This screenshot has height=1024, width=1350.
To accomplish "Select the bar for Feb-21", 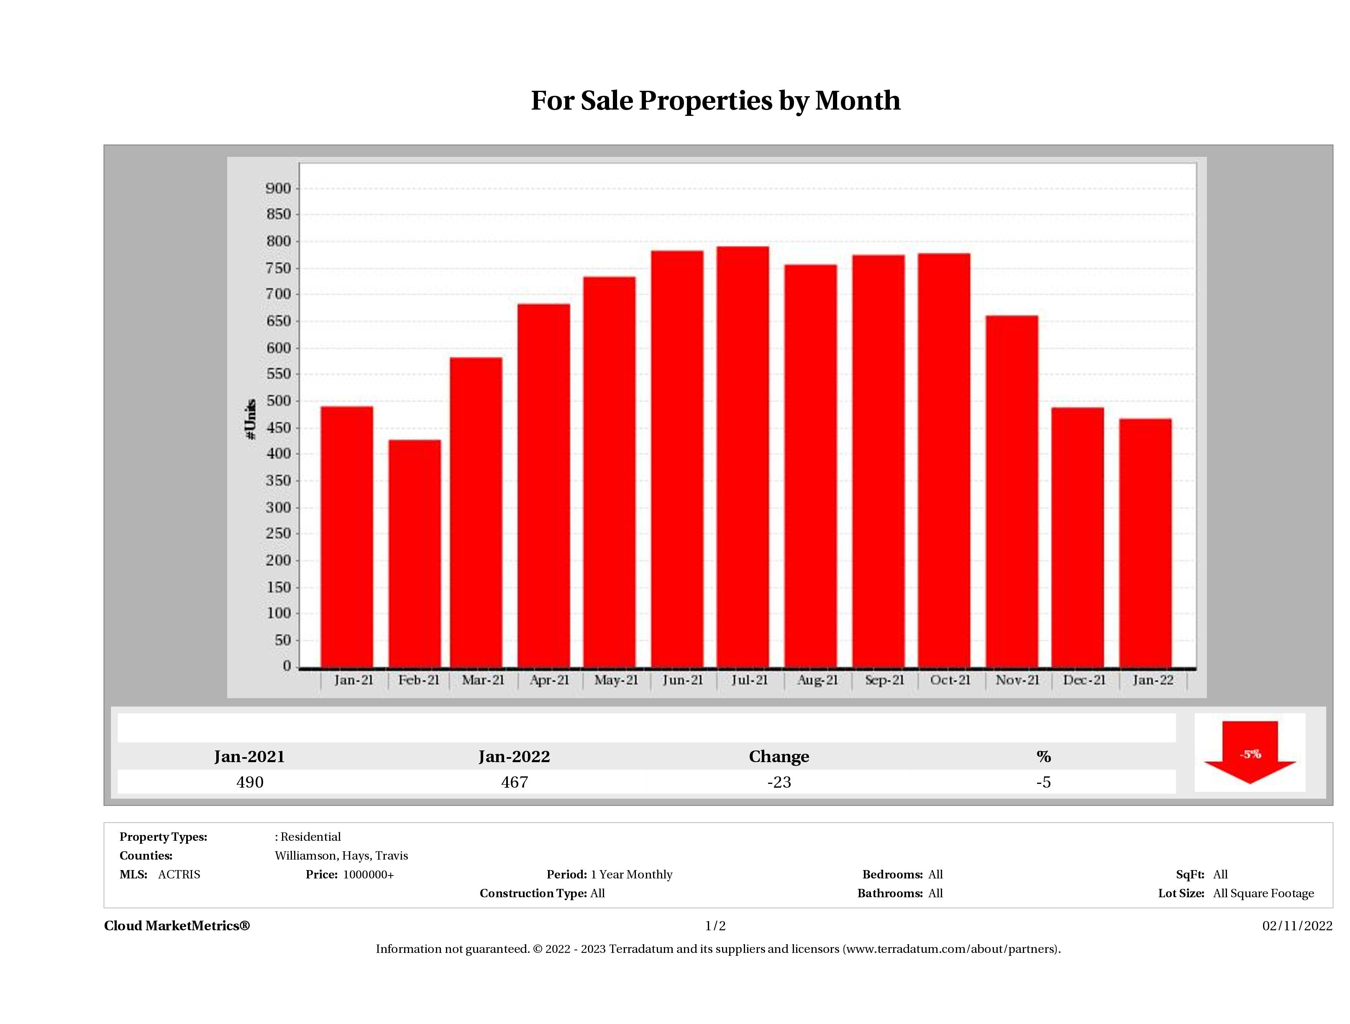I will coord(415,552).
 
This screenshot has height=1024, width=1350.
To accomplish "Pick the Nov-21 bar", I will coord(1011,491).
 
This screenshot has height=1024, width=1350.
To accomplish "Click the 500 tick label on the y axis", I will coord(278,401).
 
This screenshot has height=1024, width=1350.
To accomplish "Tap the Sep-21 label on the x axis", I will coord(884,680).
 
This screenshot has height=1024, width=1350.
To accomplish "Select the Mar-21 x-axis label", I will coord(483,680).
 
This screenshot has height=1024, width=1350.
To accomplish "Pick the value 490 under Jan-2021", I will coord(250,782).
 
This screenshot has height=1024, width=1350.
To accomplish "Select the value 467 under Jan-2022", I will coord(515,782).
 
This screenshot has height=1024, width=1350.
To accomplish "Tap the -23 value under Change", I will coord(779,782).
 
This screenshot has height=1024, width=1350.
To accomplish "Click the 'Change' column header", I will coord(779,756).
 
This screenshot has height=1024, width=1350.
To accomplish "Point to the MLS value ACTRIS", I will coord(179,874).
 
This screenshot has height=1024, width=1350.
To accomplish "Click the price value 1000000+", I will coord(368,874).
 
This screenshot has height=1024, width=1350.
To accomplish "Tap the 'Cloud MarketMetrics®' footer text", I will coord(177,926).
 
